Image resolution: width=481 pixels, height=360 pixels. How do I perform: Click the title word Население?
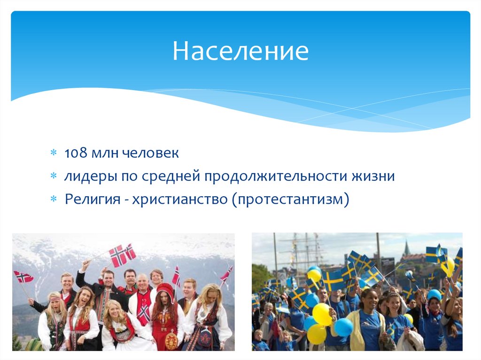240,51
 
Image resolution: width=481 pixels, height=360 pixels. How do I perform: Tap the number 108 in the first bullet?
74,153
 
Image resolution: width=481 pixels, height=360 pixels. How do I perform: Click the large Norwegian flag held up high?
122,254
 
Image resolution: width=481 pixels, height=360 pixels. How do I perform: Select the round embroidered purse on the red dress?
172,339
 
